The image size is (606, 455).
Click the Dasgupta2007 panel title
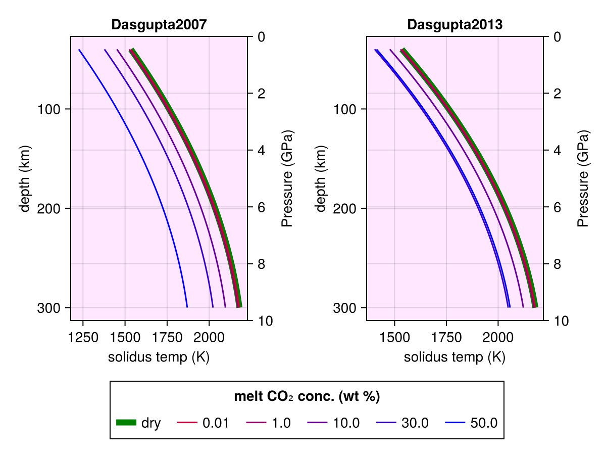click(159, 25)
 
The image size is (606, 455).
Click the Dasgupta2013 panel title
click(455, 25)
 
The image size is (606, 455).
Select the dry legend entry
click(138, 423)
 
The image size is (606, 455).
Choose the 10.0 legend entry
click(334, 423)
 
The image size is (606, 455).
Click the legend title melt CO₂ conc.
click(307, 397)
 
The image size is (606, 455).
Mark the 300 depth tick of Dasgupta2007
click(47, 307)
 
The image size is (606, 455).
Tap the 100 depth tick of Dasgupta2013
click(343, 109)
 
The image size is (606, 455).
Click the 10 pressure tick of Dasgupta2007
click(263, 321)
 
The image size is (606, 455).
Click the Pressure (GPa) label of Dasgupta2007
click(287, 178)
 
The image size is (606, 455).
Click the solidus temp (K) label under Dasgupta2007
click(159, 357)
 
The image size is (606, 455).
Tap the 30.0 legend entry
click(402, 423)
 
